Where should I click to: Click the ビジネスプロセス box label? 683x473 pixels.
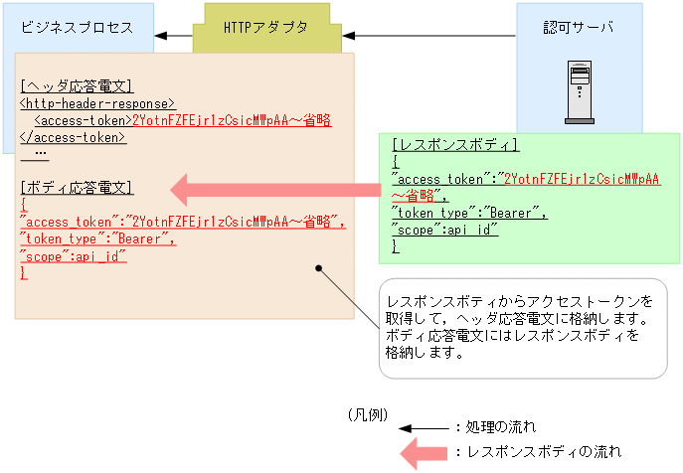tap(77, 27)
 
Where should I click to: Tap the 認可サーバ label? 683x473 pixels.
tap(579, 27)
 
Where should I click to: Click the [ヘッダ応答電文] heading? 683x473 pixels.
tap(76, 86)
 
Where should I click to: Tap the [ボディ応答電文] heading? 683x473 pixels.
tap(76, 188)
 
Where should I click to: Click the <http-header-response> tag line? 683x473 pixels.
tap(97, 103)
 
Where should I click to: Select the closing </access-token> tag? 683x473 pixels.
tap(73, 137)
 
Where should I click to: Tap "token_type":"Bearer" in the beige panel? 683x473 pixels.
tap(97, 238)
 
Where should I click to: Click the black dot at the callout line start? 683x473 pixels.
tap(319, 267)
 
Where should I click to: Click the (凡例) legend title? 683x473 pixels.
tap(368, 413)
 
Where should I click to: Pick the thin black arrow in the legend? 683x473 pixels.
tap(423, 429)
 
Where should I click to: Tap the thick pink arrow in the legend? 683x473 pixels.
tap(423, 453)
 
